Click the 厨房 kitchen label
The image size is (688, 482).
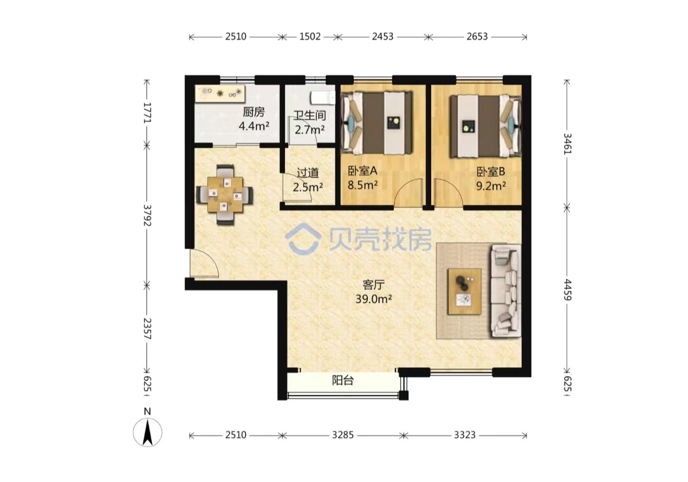pos(254,112)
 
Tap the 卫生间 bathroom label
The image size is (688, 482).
pos(309,115)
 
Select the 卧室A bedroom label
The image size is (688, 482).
pos(362,171)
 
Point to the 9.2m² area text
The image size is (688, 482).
pos(491,186)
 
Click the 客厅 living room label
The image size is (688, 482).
pos(373,284)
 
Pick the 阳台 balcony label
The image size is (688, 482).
pos(343,381)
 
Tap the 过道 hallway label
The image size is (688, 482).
pos(308,173)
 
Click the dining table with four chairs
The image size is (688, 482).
pos(225,194)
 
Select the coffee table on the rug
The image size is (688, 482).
pos(464,291)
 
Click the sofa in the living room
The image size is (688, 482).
pos(506,290)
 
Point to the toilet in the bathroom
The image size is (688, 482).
pos(322,98)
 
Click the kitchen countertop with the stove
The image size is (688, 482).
pos(220,93)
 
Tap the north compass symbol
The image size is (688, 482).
pos(147,432)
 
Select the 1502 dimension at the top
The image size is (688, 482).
pos(310,36)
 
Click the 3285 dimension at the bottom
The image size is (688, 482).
pos(343,435)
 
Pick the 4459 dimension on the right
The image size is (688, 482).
pos(567,290)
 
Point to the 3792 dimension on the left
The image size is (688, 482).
pos(147,216)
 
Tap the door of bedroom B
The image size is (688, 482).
pos(448,192)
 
